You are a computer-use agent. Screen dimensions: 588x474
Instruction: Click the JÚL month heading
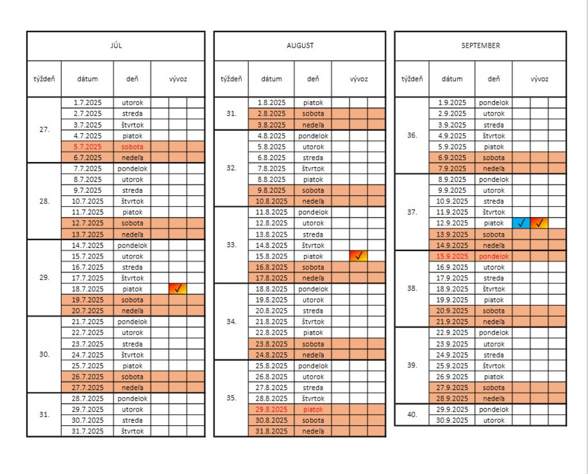click(x=116, y=45)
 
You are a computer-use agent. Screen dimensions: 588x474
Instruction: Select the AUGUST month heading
click(x=300, y=46)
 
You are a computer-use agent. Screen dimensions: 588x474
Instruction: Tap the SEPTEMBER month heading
click(x=480, y=46)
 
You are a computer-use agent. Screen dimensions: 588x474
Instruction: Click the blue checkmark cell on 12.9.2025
click(x=521, y=223)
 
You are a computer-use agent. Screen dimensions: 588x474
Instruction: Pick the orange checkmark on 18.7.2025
click(x=178, y=289)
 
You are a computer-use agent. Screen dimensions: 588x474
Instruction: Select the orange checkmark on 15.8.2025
click(x=359, y=256)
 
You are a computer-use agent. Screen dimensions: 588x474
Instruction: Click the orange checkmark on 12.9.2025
click(x=539, y=223)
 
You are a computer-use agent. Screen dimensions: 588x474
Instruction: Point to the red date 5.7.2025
click(x=87, y=147)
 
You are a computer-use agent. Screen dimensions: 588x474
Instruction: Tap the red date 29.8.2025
click(x=271, y=410)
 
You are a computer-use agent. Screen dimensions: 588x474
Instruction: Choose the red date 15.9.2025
click(x=452, y=256)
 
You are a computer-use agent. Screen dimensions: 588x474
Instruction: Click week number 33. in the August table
click(x=231, y=244)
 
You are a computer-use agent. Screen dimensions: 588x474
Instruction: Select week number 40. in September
click(x=412, y=414)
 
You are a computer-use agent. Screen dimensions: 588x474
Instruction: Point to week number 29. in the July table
click(x=44, y=277)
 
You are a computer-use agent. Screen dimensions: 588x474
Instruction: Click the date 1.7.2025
click(x=87, y=103)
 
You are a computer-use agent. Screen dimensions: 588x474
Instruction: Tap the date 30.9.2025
click(x=452, y=420)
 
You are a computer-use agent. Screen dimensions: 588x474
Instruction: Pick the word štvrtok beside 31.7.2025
click(x=132, y=431)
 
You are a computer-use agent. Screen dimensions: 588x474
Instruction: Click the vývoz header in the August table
click(x=359, y=79)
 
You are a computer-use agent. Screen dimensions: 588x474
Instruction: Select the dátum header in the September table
click(x=452, y=79)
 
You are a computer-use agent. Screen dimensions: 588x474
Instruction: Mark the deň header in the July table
click(x=132, y=79)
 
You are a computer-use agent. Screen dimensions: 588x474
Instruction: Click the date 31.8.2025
click(x=271, y=431)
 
